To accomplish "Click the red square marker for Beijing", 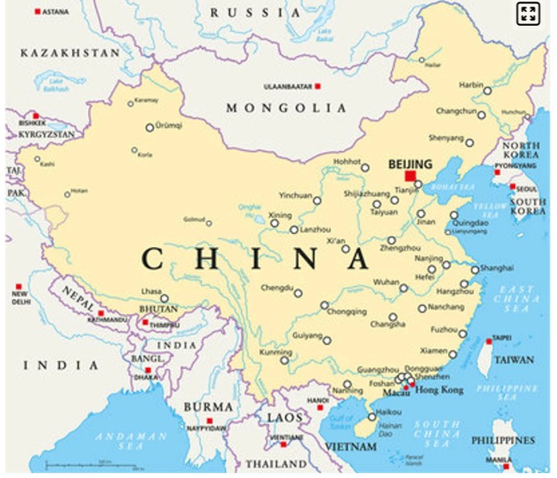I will pos(411,176).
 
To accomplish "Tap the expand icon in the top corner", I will pos(529,14).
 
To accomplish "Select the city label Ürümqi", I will pos(169,126).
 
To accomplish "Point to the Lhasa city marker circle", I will pos(165,299).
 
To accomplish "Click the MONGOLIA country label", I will pos(287,108).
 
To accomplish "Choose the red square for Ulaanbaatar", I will pos(318,86).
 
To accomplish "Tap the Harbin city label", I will pos(471,85).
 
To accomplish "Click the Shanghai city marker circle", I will pos(475,270).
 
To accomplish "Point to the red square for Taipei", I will pos(488,342).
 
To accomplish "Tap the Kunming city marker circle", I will pos(285,361).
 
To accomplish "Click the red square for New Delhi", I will pos(18,287).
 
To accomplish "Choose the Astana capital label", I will pos(56,12).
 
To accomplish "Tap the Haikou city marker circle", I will pos(372,417).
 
